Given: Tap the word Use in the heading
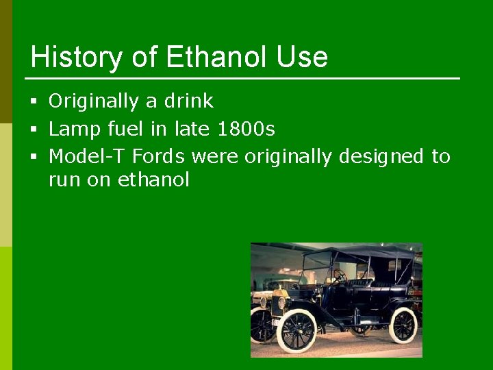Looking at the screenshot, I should click(302, 58).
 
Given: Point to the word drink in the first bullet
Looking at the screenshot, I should click(189, 101).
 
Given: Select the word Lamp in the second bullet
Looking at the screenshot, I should click(72, 129).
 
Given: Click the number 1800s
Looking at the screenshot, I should click(246, 129).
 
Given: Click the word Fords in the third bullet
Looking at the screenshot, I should click(159, 156).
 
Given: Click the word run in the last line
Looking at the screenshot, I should click(64, 181).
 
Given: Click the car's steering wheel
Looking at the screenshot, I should click(338, 276).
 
